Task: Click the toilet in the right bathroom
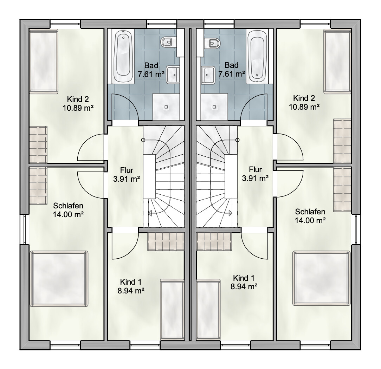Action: [215, 43]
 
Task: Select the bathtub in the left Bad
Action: [123, 56]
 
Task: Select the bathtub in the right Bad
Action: [257, 56]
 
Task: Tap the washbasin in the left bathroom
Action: [173, 75]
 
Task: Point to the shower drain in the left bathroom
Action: [167, 106]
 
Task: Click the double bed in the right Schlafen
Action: [322, 278]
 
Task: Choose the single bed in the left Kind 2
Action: [44, 61]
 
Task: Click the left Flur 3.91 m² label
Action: [126, 175]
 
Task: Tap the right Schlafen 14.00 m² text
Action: [310, 216]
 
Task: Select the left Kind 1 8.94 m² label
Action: [131, 286]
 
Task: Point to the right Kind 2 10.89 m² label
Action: [304, 102]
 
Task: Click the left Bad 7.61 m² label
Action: [151, 70]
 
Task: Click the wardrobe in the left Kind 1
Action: [166, 241]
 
